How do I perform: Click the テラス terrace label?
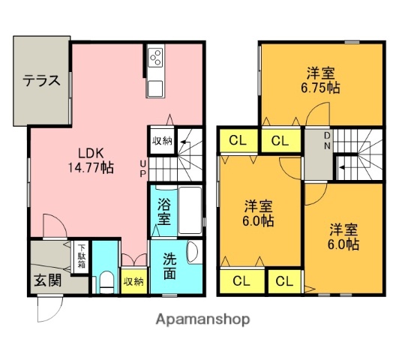[40, 81]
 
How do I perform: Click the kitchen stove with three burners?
[156, 57]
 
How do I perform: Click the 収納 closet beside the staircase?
[162, 140]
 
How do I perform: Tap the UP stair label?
[142, 169]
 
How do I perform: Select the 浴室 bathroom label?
[163, 212]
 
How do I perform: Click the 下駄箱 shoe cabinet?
[80, 256]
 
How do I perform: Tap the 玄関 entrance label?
[45, 282]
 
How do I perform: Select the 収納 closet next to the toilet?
[133, 281]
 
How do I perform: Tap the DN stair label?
[328, 140]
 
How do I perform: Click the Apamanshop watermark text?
[202, 319]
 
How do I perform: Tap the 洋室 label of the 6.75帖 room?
[320, 73]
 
